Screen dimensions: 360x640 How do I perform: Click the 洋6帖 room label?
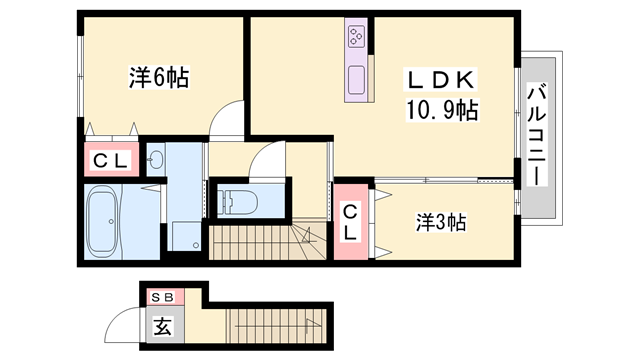click(x=159, y=77)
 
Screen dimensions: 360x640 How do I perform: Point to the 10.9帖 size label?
click(x=440, y=110)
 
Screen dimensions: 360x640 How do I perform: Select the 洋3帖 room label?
click(x=441, y=222)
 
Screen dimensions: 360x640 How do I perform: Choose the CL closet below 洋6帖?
click(x=109, y=159)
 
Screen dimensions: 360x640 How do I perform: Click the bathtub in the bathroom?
click(x=106, y=219)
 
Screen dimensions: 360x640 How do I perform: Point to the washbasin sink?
click(x=156, y=160)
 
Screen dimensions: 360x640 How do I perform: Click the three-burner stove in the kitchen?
click(x=357, y=38)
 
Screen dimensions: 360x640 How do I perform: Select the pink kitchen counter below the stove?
click(x=357, y=80)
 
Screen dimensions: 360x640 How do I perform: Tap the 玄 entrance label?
click(x=161, y=324)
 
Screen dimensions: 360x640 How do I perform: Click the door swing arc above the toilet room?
click(x=267, y=160)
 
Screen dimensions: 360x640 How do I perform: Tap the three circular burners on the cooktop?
click(x=357, y=38)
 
